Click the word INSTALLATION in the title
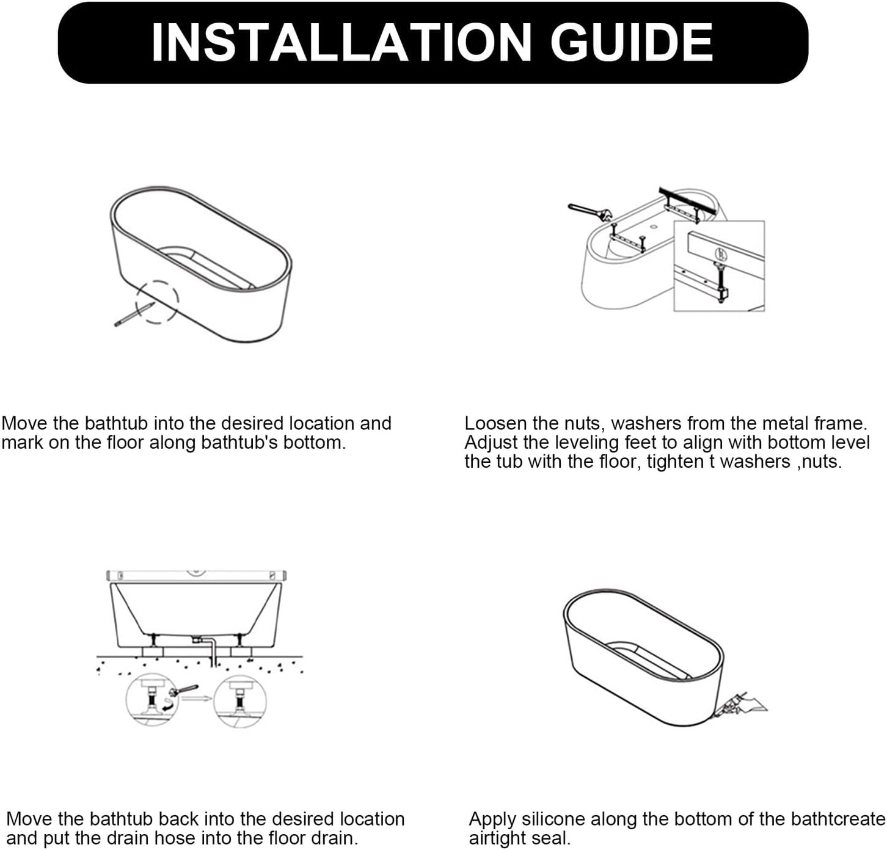click(x=341, y=42)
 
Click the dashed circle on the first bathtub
click(x=157, y=302)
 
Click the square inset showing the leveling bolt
click(x=719, y=266)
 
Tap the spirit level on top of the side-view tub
click(x=196, y=575)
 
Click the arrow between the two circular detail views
click(x=200, y=698)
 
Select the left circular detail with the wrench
click(x=152, y=700)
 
